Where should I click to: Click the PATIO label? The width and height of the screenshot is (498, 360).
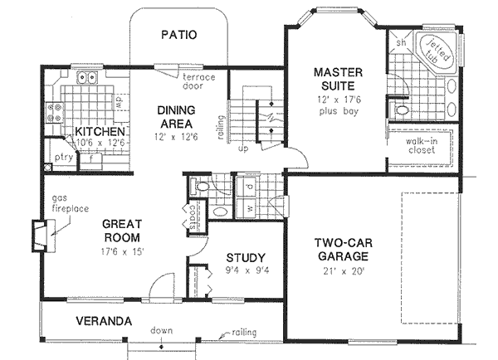click(x=178, y=36)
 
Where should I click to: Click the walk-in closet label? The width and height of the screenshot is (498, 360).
click(x=422, y=147)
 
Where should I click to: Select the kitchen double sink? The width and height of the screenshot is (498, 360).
click(x=89, y=80)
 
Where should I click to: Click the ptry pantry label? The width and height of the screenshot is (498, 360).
click(x=63, y=155)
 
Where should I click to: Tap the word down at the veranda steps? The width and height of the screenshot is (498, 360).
click(x=162, y=330)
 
